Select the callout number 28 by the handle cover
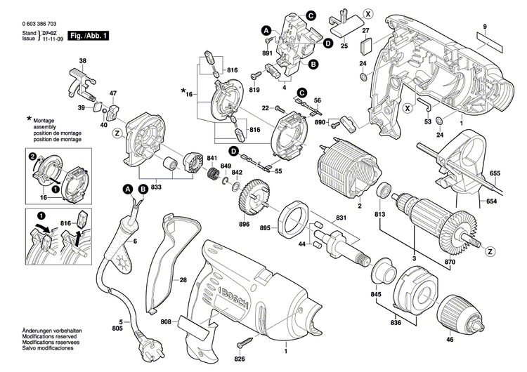point(182,280)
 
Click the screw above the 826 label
point(247,343)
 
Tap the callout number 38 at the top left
point(83,61)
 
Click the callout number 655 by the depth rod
point(495,173)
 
